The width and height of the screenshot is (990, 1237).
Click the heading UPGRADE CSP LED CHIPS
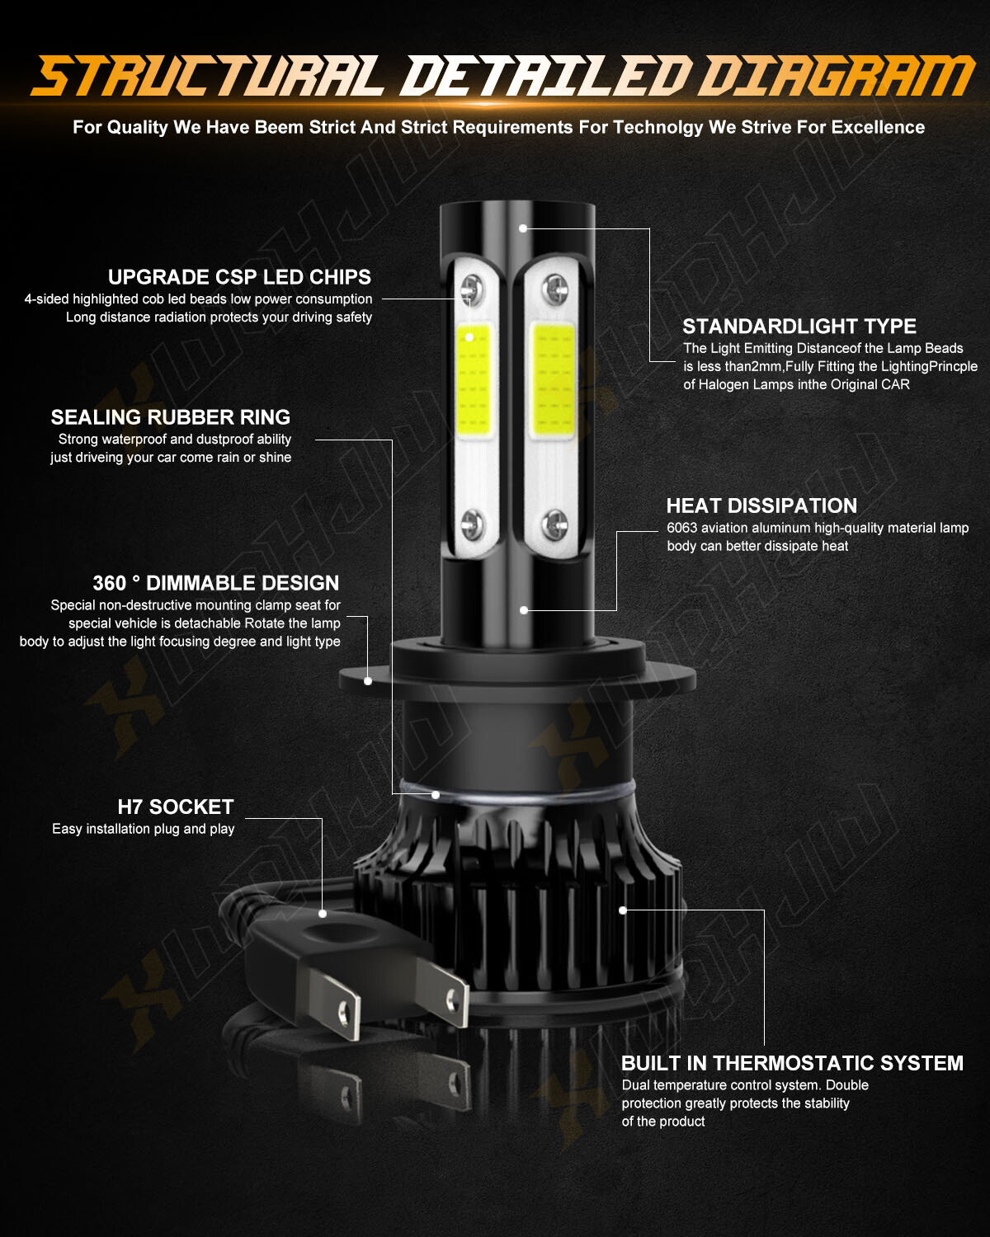pos(239,277)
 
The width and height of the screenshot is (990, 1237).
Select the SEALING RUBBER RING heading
pos(171,417)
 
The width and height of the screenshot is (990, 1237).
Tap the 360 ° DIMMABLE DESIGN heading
pos(216,583)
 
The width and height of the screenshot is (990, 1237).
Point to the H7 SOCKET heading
pos(176,807)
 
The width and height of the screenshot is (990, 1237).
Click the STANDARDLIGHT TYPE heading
pos(799,327)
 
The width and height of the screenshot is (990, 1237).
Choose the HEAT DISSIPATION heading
pos(761,506)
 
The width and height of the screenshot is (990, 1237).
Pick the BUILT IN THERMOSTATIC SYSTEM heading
pos(792,1063)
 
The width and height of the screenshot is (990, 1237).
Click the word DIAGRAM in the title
pos(839,76)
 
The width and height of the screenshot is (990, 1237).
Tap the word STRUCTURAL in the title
pos(208,76)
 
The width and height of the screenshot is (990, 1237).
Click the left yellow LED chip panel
pos(474,380)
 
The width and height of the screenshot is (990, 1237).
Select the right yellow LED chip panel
pos(553,380)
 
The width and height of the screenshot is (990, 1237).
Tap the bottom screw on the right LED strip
pos(554,524)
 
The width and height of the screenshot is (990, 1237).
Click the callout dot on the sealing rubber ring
pos(436,795)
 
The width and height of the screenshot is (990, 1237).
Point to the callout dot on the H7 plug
pos(323,914)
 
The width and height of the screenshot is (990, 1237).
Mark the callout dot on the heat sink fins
pos(622,910)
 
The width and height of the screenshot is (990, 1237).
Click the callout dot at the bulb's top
pos(523,228)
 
